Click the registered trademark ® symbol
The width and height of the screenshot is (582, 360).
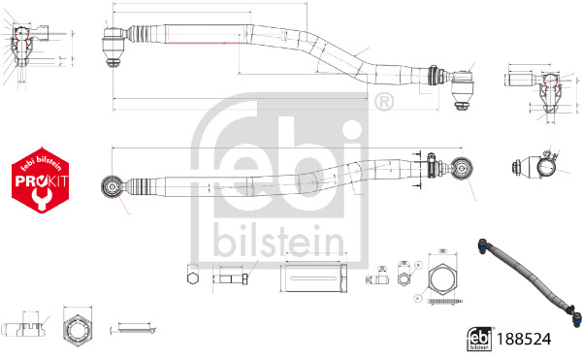click(383, 101)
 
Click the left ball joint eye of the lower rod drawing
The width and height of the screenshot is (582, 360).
click(113, 183)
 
